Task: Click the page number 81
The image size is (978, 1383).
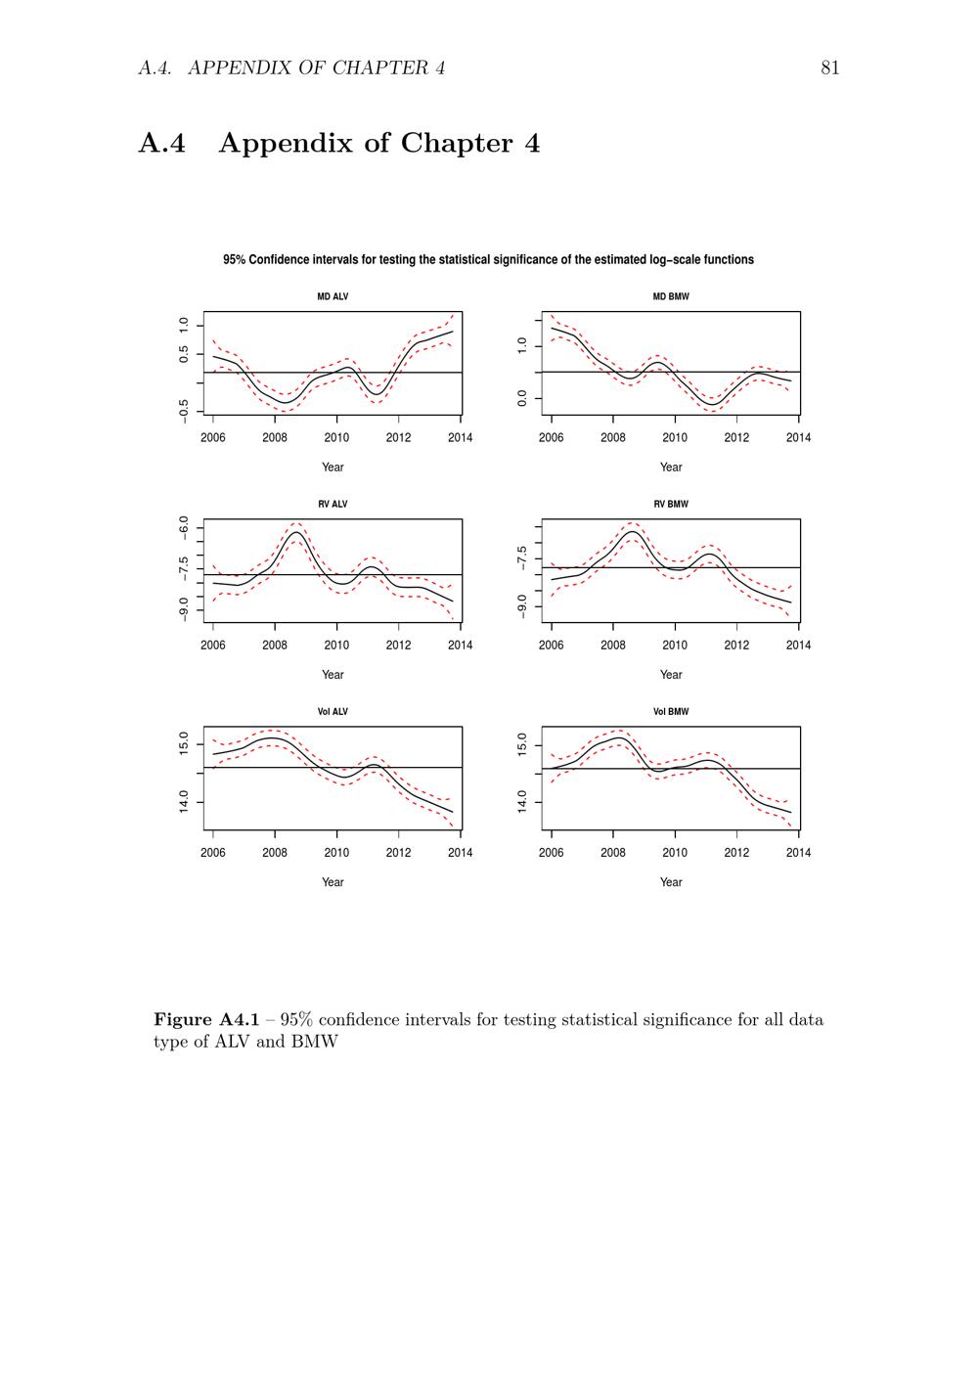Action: (829, 67)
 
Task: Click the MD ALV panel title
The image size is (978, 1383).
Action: (333, 296)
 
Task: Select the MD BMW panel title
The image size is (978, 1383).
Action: (671, 296)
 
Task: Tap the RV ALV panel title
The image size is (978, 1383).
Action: (333, 505)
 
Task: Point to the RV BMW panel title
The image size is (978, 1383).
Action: (671, 505)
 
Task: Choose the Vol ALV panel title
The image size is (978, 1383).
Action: (333, 712)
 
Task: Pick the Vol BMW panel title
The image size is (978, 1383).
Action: (671, 712)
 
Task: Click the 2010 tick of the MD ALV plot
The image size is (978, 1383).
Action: (336, 438)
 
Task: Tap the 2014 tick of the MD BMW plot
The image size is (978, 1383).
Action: (798, 438)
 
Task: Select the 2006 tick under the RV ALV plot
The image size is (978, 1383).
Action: (213, 646)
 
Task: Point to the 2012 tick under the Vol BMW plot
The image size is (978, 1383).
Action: (736, 853)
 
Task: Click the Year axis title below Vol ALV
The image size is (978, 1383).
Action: (333, 882)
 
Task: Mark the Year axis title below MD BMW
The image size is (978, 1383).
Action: (671, 468)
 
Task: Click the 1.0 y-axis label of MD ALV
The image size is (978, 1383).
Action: (184, 325)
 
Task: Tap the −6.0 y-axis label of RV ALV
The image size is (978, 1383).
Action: (184, 528)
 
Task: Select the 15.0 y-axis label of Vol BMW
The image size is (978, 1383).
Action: (522, 744)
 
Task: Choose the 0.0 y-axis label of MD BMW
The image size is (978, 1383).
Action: (522, 398)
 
